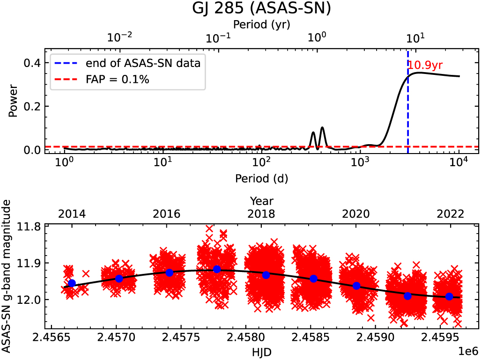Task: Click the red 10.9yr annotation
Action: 425,66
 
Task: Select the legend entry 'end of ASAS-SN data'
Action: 142,63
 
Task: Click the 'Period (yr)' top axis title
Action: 261,25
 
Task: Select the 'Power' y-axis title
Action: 13,101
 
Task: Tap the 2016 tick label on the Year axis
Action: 166,214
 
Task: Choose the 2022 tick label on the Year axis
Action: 451,214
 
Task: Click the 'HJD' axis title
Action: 261,351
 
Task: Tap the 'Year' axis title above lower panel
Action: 261,202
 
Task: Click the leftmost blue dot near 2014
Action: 72,283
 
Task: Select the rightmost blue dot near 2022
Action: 449,296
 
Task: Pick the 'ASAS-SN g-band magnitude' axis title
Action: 7,276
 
